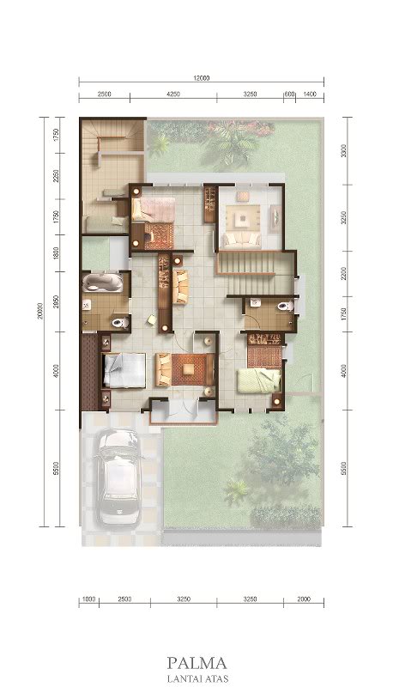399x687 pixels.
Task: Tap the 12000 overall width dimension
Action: click(201, 78)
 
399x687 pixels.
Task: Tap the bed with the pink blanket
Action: click(155, 209)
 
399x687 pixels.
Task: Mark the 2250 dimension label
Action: click(55, 176)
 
